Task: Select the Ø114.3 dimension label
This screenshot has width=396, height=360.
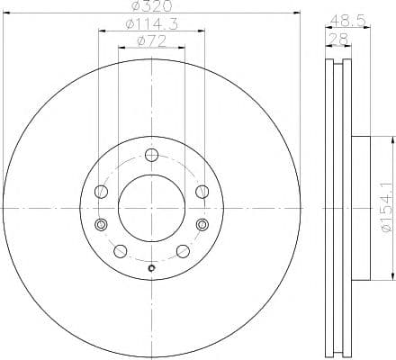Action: click(150, 22)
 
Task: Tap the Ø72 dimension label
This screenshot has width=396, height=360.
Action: click(150, 40)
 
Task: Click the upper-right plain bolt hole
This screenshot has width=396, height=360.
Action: click(202, 191)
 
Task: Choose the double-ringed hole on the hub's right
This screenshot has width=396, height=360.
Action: click(202, 224)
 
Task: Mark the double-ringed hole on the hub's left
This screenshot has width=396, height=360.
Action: click(100, 224)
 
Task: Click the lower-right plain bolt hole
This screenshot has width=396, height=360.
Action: click(182, 250)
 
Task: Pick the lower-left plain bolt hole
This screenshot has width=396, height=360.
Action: click(119, 250)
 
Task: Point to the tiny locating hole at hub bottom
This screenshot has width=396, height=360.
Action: click(151, 267)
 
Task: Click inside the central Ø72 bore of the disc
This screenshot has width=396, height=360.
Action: click(150, 207)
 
